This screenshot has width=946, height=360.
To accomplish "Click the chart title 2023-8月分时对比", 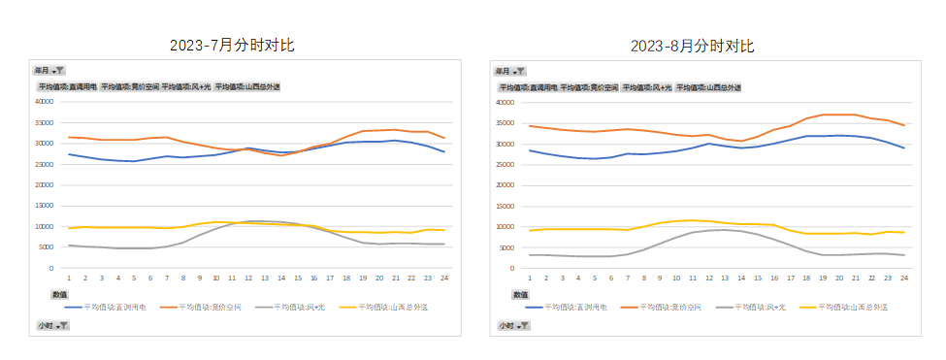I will tap(692, 46).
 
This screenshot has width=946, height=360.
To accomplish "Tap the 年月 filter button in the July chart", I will tap(49, 71).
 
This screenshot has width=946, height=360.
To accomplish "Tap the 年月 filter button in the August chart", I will tap(510, 71).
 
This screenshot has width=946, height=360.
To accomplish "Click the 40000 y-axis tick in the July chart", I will tap(45, 101).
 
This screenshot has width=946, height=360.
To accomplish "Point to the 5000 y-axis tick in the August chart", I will tap(506, 247).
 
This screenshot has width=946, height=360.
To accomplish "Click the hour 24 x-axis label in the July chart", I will tap(443, 277).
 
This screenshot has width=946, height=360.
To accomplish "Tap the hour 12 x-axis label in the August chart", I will tap(707, 278).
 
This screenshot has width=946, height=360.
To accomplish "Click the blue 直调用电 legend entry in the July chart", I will tap(105, 307).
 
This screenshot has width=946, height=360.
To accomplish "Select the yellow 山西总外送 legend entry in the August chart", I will tap(854, 307).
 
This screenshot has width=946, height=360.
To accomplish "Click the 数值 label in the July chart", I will tap(59, 293).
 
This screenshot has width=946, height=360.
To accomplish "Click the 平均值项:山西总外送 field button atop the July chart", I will tap(247, 86).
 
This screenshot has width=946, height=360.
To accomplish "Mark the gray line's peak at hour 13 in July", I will tap(264, 221).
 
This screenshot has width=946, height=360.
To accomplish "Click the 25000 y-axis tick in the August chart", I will tap(505, 164).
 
